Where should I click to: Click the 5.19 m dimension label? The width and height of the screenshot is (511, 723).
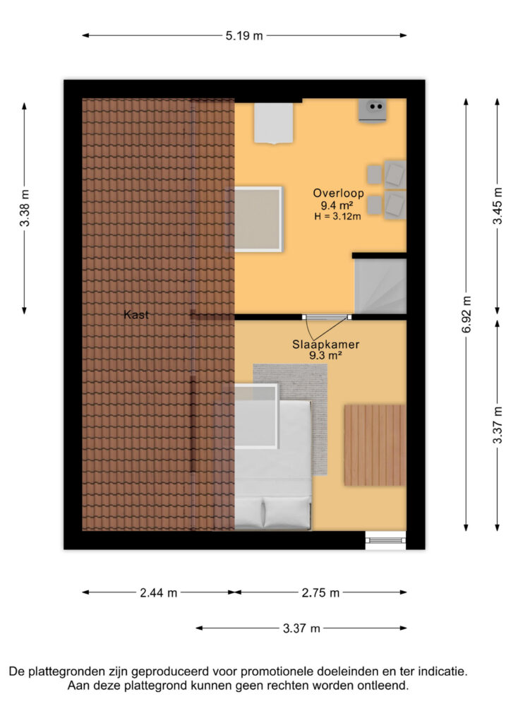pos(244,35)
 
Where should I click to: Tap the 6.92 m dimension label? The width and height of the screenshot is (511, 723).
pos(467,314)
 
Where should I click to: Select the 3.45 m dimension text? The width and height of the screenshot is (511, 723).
pos(498,205)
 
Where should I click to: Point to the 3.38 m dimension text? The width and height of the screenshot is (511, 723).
pos(25,208)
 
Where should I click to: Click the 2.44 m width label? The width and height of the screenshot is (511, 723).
pos(159,592)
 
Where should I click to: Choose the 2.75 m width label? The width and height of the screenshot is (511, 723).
pos(320,592)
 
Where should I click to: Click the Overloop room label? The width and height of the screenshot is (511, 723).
pos(339,193)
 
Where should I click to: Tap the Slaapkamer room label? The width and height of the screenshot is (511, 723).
pos(326,344)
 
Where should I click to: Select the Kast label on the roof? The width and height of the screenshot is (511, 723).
pos(136,315)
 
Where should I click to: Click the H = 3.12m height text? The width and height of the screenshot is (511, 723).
pos(338,216)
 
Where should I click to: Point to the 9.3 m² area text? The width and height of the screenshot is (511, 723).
pos(325,356)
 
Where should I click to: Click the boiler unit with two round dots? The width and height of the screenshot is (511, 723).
pos(373,110)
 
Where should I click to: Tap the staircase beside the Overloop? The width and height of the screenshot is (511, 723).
pos(380,286)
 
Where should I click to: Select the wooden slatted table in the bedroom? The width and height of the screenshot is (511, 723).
pos(375,446)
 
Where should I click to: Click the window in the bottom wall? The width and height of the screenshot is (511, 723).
pos(385,540)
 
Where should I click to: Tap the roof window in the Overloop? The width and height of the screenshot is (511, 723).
pos(258,219)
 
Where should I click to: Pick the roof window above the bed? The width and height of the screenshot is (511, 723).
pos(256,416)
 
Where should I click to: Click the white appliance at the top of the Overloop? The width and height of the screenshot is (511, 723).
pos(274,123)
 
